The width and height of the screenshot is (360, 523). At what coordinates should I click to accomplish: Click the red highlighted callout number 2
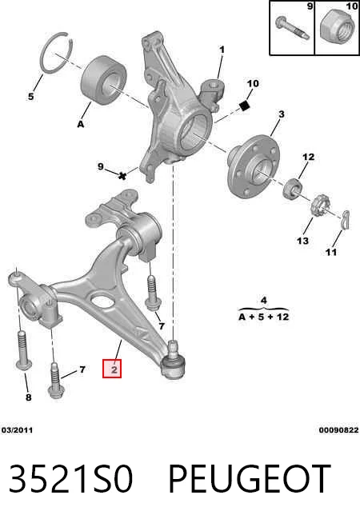[x=112, y=369]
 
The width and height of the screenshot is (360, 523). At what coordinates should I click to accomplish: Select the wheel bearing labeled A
[x=104, y=81]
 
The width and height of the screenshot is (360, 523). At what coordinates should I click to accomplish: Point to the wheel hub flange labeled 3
[x=253, y=167]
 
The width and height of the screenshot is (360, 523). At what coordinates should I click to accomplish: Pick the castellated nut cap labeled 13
[x=320, y=206]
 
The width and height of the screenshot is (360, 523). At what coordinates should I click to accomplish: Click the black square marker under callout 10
[x=245, y=106]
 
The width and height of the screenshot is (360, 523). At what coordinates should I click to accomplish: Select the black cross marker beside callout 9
[x=122, y=175]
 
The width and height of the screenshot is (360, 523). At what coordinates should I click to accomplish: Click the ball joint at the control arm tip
[x=174, y=363]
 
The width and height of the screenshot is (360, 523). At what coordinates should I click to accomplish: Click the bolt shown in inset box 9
[x=292, y=27]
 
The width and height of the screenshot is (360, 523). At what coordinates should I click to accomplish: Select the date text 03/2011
[x=17, y=430]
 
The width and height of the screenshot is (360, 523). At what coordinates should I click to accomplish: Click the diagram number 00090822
[x=338, y=430]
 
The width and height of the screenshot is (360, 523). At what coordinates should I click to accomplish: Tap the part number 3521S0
[x=71, y=479]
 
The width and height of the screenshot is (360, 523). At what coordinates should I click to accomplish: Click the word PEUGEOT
[x=250, y=479]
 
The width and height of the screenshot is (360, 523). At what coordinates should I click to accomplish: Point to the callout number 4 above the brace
[x=263, y=300]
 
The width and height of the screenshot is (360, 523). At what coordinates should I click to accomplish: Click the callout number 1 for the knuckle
[x=222, y=50]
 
